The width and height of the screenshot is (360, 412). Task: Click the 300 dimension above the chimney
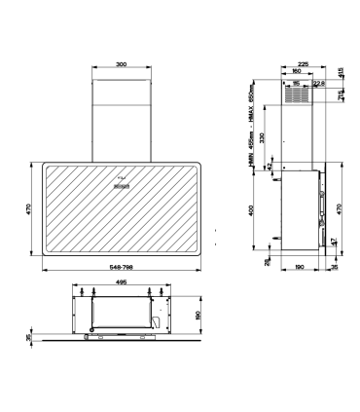121,65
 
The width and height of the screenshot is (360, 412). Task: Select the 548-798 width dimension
121,266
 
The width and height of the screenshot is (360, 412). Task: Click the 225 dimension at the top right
303,63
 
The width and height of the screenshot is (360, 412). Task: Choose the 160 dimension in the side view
295,71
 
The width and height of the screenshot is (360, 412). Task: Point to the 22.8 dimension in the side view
318,83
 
